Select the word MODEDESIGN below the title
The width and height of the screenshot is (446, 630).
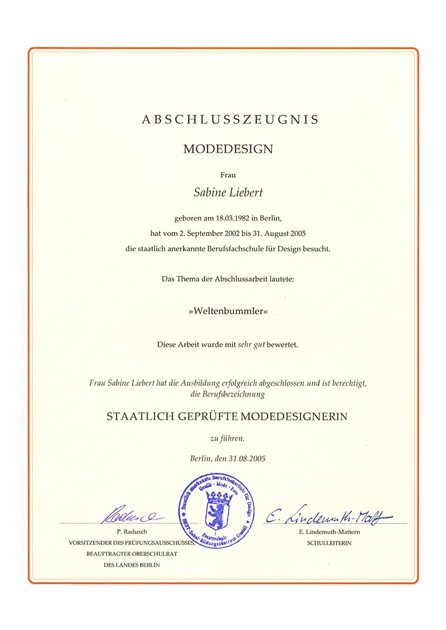[229, 149]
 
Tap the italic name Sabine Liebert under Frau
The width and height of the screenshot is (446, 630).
[229, 193]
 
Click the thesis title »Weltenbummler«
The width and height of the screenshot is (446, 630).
[229, 311]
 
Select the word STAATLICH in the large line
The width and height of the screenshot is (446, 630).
[135, 417]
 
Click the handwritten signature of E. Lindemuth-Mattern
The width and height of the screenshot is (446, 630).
[328, 518]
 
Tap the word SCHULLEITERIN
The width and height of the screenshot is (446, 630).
[329, 543]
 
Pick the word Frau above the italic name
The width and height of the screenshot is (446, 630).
[229, 175]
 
